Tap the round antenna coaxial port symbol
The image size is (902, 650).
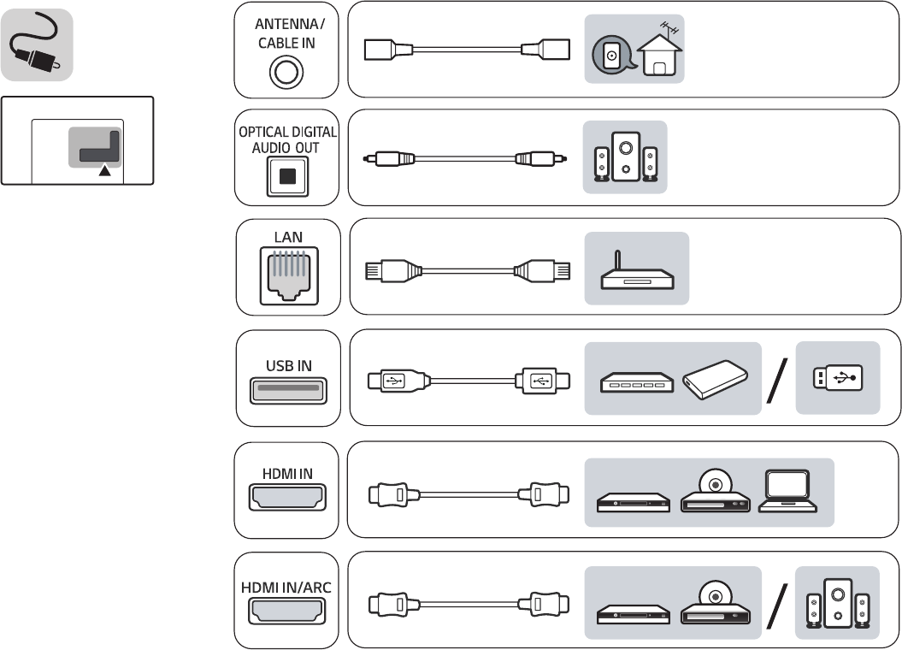286,73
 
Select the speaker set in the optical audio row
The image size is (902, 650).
626,157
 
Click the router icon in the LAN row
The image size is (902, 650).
636,271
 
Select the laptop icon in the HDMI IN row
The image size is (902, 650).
784,493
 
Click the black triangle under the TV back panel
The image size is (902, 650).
105,171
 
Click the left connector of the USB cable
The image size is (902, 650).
391,380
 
